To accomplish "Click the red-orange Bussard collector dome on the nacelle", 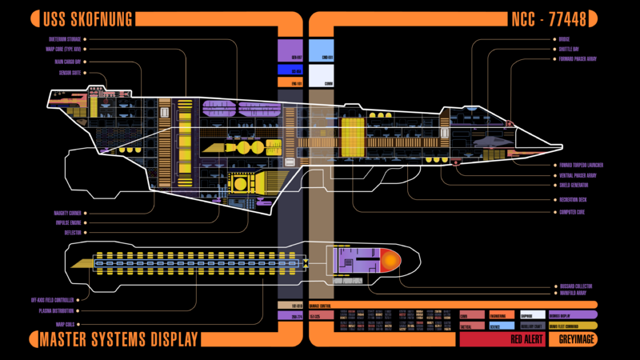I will pyautogui.click(x=390, y=259).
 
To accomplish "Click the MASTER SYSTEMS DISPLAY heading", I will pyautogui.click(x=118, y=340).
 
